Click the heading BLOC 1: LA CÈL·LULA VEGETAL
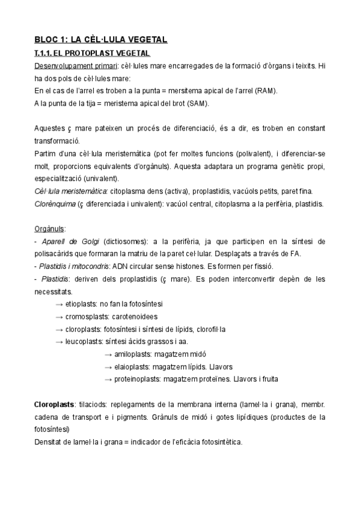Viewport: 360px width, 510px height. [x=100, y=40]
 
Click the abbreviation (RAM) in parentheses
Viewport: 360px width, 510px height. [x=265, y=91]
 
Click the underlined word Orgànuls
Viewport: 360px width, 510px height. [x=50, y=229]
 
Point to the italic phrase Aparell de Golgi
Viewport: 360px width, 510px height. [x=66, y=241]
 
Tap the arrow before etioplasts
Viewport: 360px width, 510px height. [x=59, y=304]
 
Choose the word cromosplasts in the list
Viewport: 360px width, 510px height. [x=87, y=317]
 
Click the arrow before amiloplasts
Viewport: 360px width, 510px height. [x=108, y=354]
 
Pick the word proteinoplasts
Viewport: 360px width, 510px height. [x=138, y=379]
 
